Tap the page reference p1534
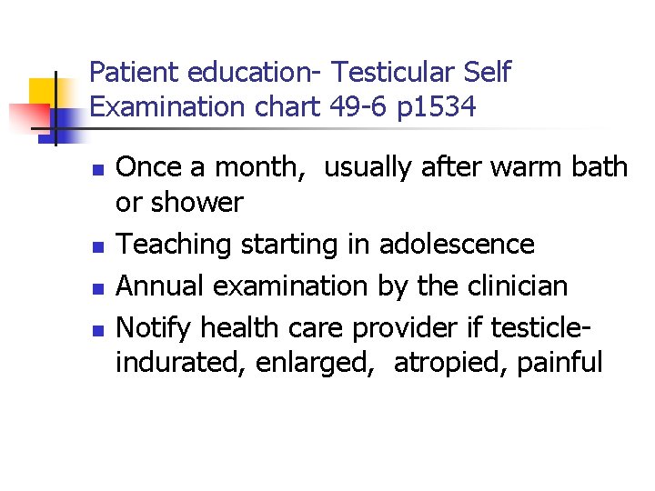tap(437, 107)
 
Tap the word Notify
tap(155, 327)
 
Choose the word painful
tap(559, 363)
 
